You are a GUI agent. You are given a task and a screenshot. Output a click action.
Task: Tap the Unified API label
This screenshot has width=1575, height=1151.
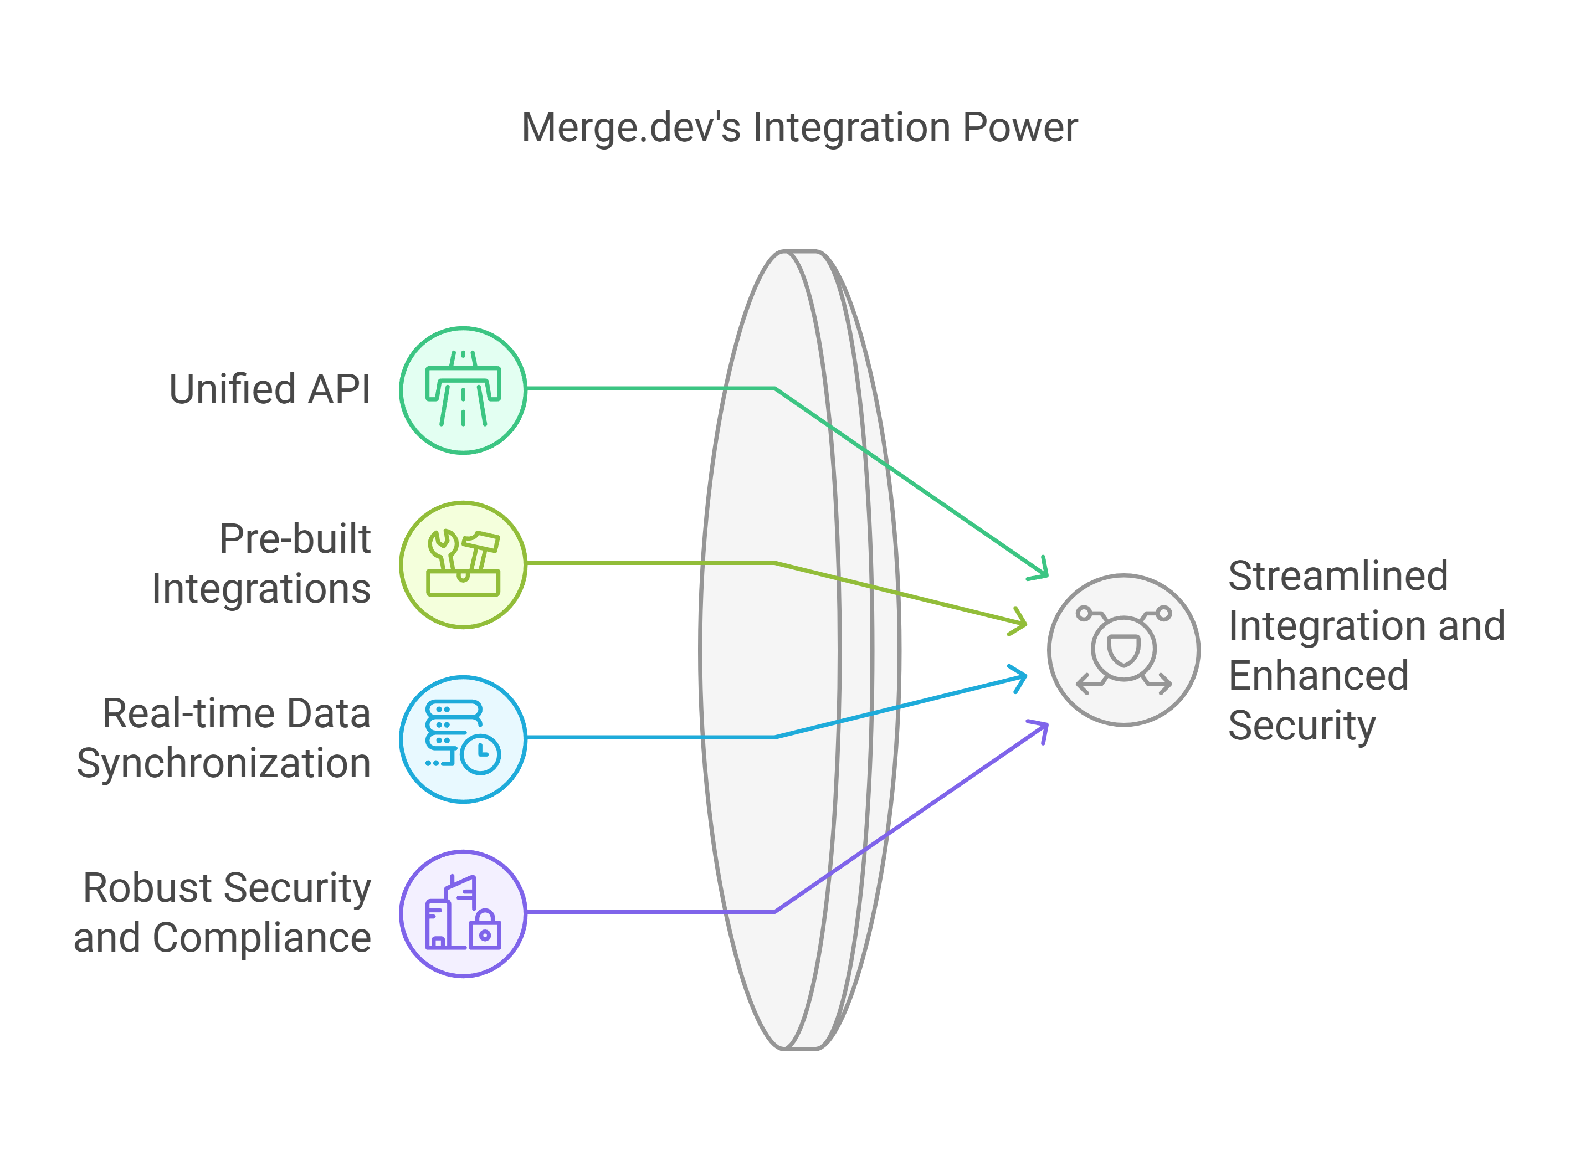(269, 389)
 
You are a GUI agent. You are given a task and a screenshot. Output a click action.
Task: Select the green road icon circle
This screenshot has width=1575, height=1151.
(463, 389)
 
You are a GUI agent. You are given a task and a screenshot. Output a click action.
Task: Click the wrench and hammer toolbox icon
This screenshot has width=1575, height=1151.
(463, 564)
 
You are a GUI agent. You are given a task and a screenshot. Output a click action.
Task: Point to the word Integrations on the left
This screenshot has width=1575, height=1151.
(260, 589)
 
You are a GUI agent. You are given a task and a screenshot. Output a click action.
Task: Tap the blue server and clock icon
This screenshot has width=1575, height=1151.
(463, 738)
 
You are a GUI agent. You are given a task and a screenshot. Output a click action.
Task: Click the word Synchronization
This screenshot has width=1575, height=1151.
(224, 764)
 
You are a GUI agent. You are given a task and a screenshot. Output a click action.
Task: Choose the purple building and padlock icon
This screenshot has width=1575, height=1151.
(463, 913)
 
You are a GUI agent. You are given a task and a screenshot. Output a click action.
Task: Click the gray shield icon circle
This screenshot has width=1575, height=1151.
(1123, 650)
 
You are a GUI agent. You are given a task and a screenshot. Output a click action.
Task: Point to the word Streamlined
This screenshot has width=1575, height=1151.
(1338, 575)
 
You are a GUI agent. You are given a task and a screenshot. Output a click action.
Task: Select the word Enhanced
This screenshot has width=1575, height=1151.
(1319, 676)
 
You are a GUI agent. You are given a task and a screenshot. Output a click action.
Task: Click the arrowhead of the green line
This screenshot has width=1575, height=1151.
(1043, 571)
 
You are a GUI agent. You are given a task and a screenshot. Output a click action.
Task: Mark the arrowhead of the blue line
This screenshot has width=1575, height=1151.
(1022, 676)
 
